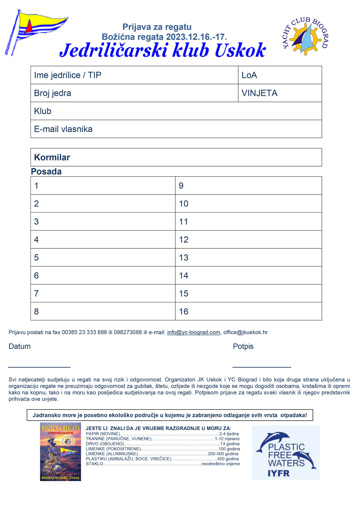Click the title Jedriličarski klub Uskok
tap(163, 50)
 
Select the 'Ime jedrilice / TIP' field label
tap(67, 75)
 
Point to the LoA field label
tap(249, 75)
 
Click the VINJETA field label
tap(259, 93)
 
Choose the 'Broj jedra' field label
tap(52, 93)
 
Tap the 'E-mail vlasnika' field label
tap(63, 129)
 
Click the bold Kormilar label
tap(52, 157)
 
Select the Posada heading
tap(46, 171)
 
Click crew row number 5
tap(36, 257)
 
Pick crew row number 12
tap(184, 239)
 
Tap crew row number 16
tap(184, 311)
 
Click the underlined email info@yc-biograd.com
tap(193, 332)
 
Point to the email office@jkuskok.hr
tap(245, 332)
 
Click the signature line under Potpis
tap(261, 367)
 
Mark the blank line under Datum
tap(39, 367)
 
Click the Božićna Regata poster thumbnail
tap(60, 452)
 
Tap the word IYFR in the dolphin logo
tap(279, 473)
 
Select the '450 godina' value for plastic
tap(228, 459)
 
